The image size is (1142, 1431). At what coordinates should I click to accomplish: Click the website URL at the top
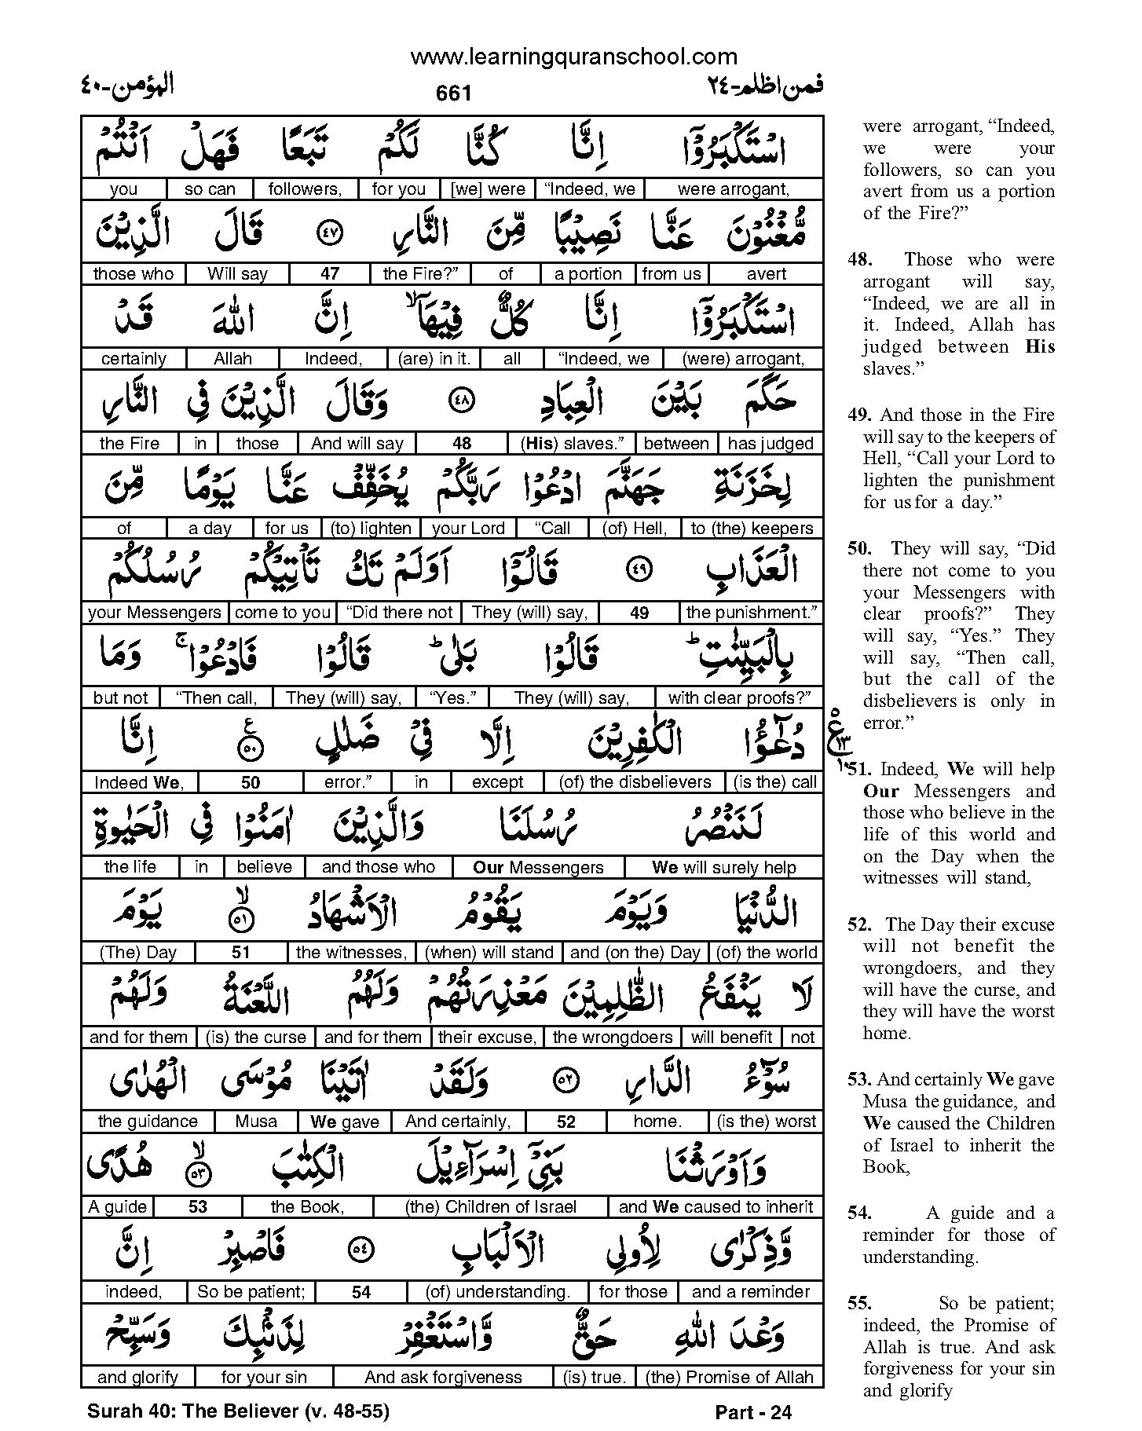(573, 57)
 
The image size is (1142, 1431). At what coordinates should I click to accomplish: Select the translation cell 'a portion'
(587, 274)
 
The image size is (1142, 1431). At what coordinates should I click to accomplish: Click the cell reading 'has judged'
(770, 444)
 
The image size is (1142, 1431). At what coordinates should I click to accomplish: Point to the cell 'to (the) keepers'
(752, 529)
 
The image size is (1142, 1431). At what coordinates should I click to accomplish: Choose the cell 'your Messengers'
(155, 613)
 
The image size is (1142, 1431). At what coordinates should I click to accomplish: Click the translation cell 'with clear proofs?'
(739, 697)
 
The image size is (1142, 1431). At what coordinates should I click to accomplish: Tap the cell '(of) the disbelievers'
(635, 782)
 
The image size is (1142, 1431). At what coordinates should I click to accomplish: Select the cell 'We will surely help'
(723, 867)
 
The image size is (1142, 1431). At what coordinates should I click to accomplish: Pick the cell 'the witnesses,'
(351, 953)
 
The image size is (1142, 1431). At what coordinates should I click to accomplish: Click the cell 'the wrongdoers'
(613, 1038)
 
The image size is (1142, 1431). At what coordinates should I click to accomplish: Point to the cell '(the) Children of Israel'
(491, 1207)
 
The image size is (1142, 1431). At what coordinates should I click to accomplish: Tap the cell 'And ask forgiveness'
(443, 1377)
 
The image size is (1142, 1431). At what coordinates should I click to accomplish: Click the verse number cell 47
(330, 274)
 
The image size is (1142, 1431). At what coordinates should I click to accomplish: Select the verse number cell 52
(566, 1122)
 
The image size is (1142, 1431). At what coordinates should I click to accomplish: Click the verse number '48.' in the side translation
(860, 260)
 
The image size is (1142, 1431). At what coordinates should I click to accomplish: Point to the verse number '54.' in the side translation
(860, 1213)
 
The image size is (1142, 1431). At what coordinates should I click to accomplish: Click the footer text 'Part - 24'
(753, 1413)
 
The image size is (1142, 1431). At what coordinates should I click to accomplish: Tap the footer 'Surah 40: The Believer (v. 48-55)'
(238, 1411)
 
